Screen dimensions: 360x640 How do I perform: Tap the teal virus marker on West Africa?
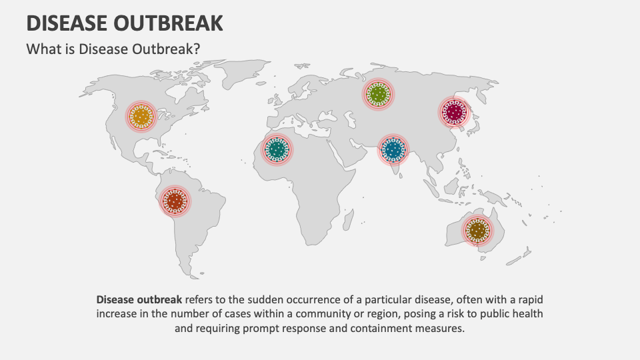[x=277, y=149]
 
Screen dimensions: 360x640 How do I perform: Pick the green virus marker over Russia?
[x=378, y=95]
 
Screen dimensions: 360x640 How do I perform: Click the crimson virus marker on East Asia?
[x=454, y=112]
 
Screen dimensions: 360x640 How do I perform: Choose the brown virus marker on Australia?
[x=478, y=230]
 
